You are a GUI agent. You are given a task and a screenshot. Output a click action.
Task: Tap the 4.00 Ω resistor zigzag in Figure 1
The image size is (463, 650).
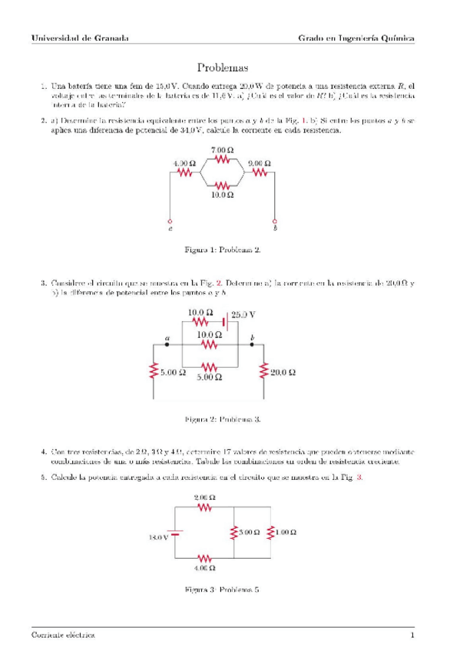pyautogui.click(x=184, y=172)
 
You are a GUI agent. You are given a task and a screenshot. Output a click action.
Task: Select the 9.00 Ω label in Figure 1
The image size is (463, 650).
pyautogui.click(x=259, y=163)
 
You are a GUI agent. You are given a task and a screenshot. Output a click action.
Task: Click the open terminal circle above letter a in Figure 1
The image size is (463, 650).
pyautogui.click(x=170, y=220)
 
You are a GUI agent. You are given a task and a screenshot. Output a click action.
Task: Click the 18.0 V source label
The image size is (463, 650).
pyautogui.click(x=159, y=537)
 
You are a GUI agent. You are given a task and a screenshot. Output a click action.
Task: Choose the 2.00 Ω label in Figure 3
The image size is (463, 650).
pyautogui.click(x=204, y=497)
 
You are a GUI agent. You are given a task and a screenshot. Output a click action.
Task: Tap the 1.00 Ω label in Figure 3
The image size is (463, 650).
pyautogui.click(x=286, y=531)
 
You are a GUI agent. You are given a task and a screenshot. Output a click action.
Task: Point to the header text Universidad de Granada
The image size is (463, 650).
pyautogui.click(x=81, y=37)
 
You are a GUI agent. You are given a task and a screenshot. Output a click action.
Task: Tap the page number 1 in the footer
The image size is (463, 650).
pyautogui.click(x=412, y=635)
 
